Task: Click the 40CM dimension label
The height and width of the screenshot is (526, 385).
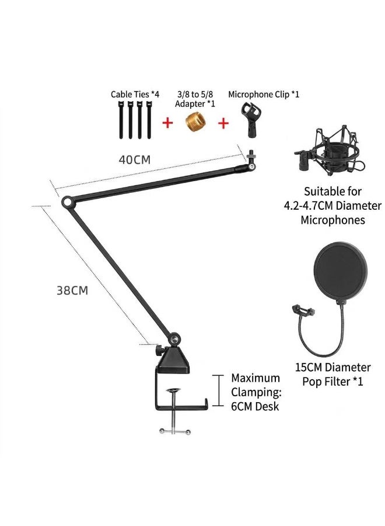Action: [135, 160]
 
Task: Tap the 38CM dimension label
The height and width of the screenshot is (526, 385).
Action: [72, 290]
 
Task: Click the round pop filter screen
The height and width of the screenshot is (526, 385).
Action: [341, 271]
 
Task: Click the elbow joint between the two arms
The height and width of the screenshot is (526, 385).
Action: [67, 202]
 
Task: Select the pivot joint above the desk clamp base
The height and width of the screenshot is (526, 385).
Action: [174, 340]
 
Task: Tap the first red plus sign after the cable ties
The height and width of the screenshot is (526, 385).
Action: [168, 123]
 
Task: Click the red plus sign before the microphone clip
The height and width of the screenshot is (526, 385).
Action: [223, 123]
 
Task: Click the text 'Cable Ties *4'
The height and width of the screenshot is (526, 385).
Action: [135, 94]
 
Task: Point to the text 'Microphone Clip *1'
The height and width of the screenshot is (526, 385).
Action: [264, 94]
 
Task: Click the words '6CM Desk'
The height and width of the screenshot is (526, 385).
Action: [255, 406]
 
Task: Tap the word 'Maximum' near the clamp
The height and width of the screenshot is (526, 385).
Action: [256, 378]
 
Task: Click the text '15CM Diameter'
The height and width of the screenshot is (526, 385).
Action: [332, 368]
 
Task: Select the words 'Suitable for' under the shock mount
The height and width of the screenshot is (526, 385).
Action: [332, 192]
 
